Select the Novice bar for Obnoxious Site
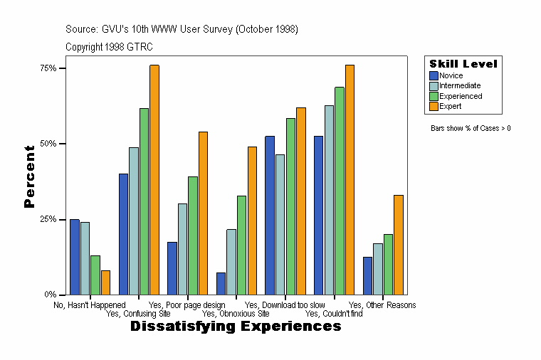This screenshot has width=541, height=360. (221, 283)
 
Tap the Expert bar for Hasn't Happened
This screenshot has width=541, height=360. (105, 282)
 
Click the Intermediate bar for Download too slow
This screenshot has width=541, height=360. (280, 224)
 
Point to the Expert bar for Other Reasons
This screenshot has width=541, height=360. (399, 245)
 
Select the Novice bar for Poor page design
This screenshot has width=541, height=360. (172, 268)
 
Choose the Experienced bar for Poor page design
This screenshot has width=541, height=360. (193, 235)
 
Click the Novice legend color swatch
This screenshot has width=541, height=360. (434, 75)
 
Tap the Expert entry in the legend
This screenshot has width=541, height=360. (450, 106)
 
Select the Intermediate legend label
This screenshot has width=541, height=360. (460, 85)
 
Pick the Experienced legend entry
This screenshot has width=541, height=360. (460, 96)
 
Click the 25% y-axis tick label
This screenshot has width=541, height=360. (48, 219)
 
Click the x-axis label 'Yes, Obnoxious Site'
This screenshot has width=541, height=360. (236, 313)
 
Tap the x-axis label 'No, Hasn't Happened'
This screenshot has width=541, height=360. (90, 305)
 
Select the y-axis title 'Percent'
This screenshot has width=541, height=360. (29, 176)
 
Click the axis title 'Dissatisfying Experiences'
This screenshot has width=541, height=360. (236, 327)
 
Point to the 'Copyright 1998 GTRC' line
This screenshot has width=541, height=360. (109, 47)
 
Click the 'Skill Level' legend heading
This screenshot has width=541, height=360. (463, 64)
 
